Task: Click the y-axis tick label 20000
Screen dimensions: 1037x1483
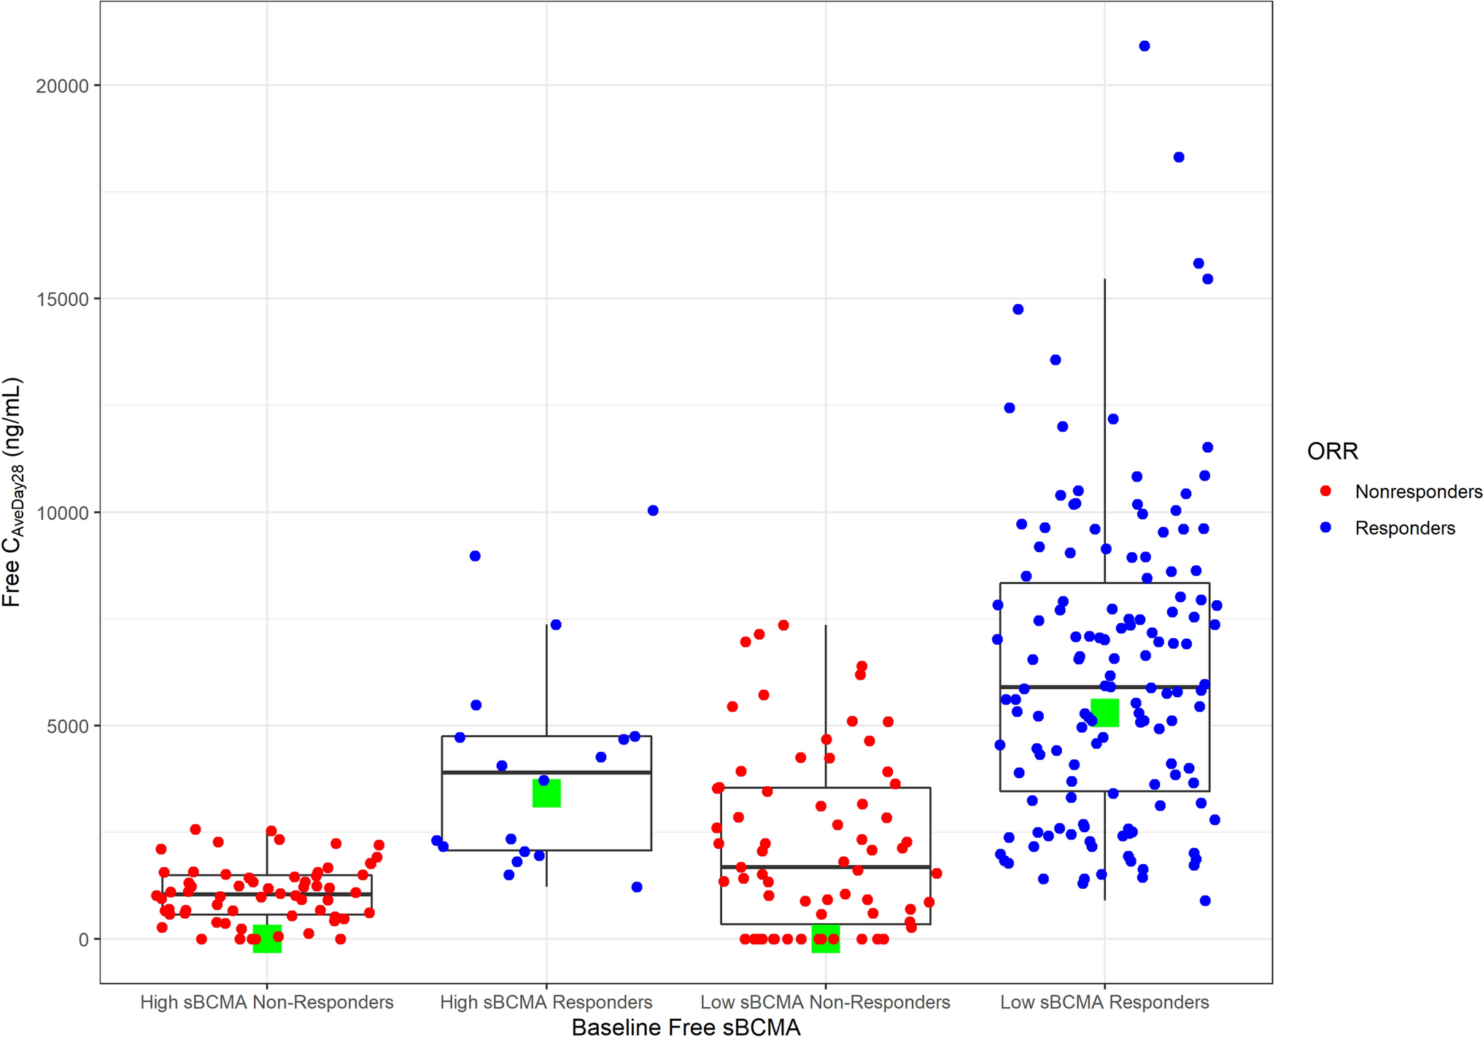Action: [x=62, y=86]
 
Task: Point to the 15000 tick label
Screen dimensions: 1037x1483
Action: [x=62, y=300]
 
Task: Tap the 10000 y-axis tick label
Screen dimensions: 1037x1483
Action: [x=62, y=513]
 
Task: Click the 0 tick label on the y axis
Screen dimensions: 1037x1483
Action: [x=83, y=940]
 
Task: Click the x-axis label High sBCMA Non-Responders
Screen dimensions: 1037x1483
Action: [x=266, y=1003]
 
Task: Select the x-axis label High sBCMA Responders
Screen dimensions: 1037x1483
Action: [x=546, y=1003]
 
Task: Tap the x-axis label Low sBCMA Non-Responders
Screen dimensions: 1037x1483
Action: [x=825, y=1003]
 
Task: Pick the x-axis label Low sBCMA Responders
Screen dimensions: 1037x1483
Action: [x=1104, y=1003]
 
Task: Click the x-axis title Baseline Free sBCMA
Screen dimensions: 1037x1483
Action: [x=686, y=1027]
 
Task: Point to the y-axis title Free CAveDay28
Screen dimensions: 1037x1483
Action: [x=12, y=492]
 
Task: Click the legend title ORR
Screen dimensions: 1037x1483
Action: [x=1332, y=451]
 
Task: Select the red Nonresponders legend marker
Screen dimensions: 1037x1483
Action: [x=1326, y=492]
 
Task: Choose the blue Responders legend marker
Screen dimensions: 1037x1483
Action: [x=1326, y=527]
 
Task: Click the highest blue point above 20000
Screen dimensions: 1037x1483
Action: [x=1145, y=47]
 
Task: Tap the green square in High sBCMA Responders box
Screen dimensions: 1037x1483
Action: [x=546, y=793]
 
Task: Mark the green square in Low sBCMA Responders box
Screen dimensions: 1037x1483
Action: [x=1104, y=712]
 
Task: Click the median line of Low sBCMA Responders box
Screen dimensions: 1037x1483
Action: [x=1050, y=687]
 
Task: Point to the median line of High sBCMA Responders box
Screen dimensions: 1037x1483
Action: [x=496, y=772]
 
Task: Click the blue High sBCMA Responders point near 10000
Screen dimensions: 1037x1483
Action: [x=653, y=510]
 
